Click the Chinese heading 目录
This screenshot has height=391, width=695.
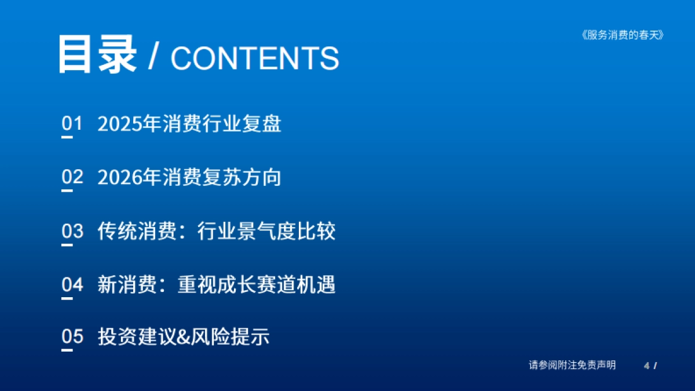pos(97,55)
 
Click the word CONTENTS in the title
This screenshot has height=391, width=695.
pos(255,58)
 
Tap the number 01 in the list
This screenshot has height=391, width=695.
pos(72,123)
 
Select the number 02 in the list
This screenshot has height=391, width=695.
pos(72,177)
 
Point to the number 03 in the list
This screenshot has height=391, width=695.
pos(72,231)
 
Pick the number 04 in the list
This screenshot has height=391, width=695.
pos(72,284)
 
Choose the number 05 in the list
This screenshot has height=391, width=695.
pos(72,337)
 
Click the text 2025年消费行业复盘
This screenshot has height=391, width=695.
pos(189,124)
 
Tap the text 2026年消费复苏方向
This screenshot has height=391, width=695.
pos(189,177)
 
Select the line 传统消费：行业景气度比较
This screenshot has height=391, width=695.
pos(216,231)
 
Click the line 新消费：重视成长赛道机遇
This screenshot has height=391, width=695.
pos(216,284)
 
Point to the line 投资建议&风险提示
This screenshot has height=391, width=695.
pos(183,337)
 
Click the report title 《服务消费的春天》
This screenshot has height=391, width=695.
pos(621,35)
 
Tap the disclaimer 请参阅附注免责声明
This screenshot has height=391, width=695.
pos(572,365)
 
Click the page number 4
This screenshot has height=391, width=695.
pos(646,366)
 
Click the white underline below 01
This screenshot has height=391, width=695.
pos(67,137)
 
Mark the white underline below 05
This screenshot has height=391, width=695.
pos(67,350)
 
